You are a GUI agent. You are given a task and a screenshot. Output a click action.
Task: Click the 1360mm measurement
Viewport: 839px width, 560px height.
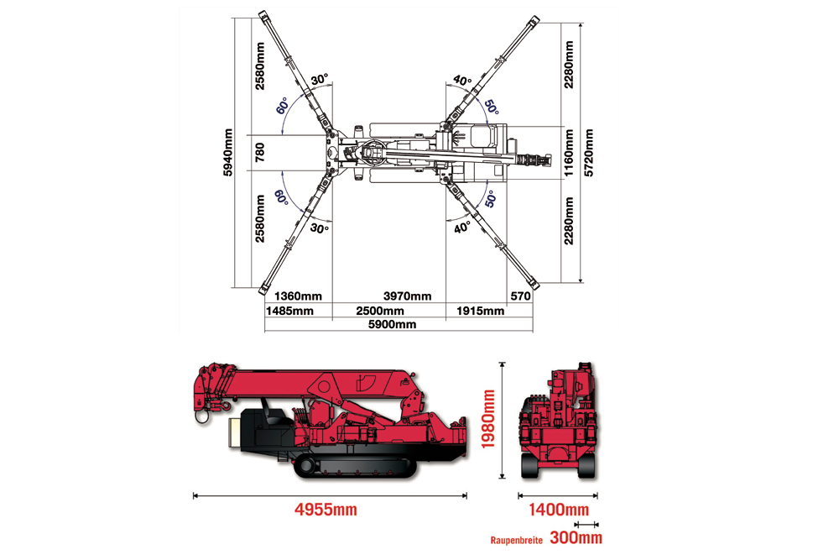point(299,296)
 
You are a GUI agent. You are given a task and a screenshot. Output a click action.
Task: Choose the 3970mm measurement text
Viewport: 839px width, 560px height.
point(407,296)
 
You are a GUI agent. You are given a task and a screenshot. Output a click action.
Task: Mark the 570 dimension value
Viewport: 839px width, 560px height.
point(520,296)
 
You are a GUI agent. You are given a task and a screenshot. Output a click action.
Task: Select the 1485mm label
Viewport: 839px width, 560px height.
point(289,311)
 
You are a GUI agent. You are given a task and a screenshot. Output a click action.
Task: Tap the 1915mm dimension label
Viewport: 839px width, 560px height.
point(481,311)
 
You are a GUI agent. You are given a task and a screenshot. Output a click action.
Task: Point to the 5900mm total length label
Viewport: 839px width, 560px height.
point(393,325)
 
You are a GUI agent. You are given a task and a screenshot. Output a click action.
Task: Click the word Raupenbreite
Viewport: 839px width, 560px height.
point(516,538)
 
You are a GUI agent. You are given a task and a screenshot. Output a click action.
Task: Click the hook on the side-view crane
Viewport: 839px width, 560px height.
point(201,413)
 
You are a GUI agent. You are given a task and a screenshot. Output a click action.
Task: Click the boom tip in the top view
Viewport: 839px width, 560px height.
point(545,158)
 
